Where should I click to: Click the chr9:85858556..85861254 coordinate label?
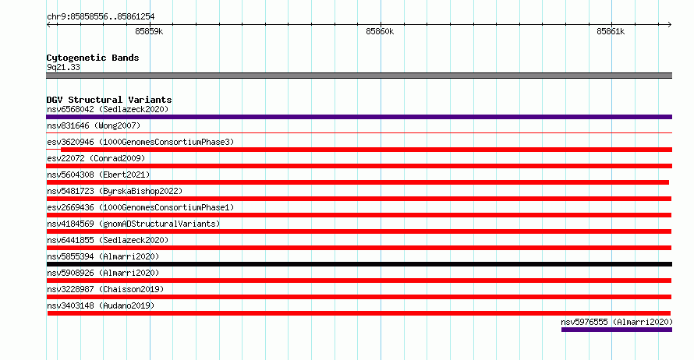tap(101, 17)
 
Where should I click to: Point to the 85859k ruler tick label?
tap(149, 31)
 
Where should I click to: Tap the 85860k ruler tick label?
tap(380, 31)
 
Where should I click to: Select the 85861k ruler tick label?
tap(611, 31)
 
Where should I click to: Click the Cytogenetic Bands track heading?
tap(93, 58)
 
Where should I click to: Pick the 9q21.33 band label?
tap(63, 67)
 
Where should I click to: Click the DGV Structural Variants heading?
tap(109, 100)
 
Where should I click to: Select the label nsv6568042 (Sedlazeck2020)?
tap(108, 109)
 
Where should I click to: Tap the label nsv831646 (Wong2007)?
tap(94, 125)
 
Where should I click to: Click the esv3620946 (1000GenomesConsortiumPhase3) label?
tap(140, 142)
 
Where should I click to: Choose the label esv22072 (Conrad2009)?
tap(96, 158)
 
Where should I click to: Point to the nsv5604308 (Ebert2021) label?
tap(98, 175)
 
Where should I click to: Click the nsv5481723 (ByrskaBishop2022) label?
tap(115, 191)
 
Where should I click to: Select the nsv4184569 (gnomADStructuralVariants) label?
tap(133, 224)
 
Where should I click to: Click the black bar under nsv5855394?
tap(359, 264)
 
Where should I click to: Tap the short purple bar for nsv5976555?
tap(617, 330)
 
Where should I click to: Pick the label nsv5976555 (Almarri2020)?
tap(617, 322)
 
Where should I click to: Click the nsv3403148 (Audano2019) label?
tap(101, 305)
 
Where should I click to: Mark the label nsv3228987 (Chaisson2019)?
tap(105, 289)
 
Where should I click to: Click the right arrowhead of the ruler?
tap(670, 24)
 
